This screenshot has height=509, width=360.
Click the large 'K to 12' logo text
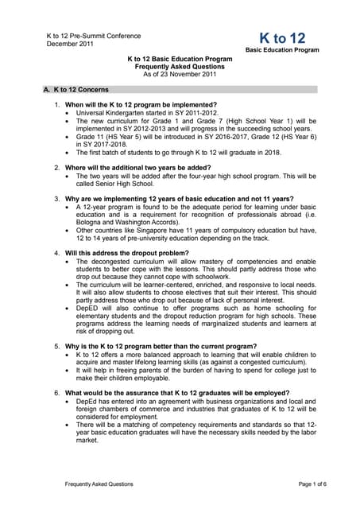(282, 37)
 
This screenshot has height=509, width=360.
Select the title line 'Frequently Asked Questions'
(180, 67)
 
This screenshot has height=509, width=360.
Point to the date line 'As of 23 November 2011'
(180, 75)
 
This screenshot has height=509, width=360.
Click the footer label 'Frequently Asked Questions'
(99, 484)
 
